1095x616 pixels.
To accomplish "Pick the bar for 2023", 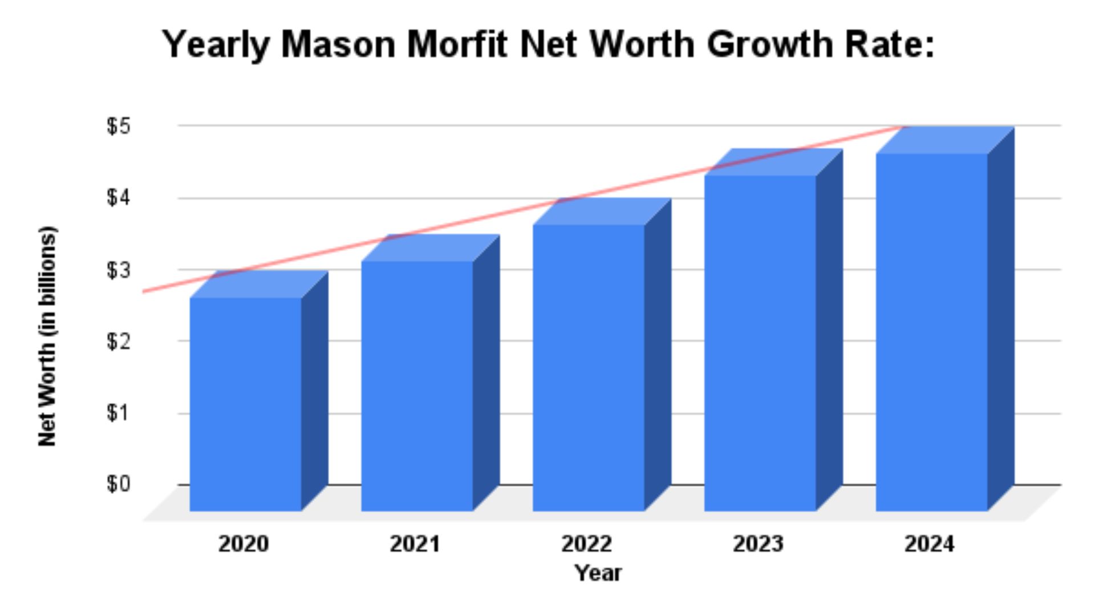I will point(760,343).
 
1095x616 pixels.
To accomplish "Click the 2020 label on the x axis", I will point(244,544).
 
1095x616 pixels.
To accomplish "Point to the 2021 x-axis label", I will point(415,544).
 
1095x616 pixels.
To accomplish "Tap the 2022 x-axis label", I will point(587,544).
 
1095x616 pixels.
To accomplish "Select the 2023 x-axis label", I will point(759,544).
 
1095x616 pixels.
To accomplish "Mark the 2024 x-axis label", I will point(930,544).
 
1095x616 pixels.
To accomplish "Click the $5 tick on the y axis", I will point(119,126).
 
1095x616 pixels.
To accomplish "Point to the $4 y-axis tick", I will point(119,198).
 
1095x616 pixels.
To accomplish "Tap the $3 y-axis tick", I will point(119,270).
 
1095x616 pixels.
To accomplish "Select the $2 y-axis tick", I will point(119,342).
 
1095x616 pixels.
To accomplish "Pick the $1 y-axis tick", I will point(119,413).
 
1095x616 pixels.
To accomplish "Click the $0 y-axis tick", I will point(119,484).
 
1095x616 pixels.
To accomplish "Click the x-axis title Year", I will point(598,573).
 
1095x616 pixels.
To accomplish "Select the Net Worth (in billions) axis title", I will point(48,337).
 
